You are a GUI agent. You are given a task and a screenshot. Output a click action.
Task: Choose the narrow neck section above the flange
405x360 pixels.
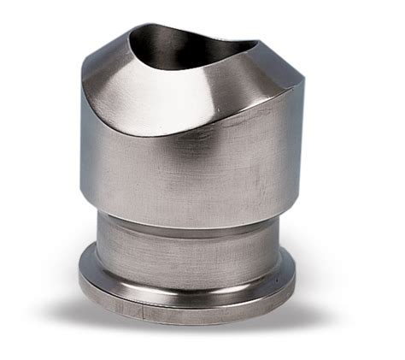188,244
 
